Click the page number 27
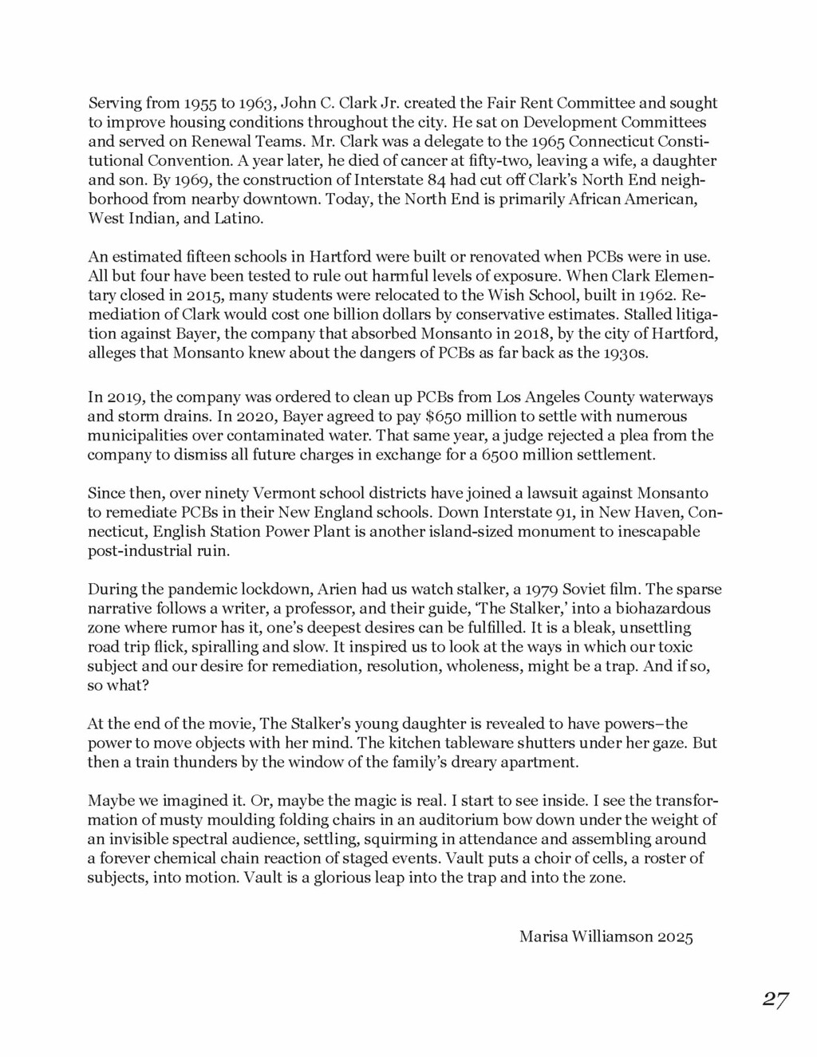[775, 1000]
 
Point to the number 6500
[503, 456]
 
